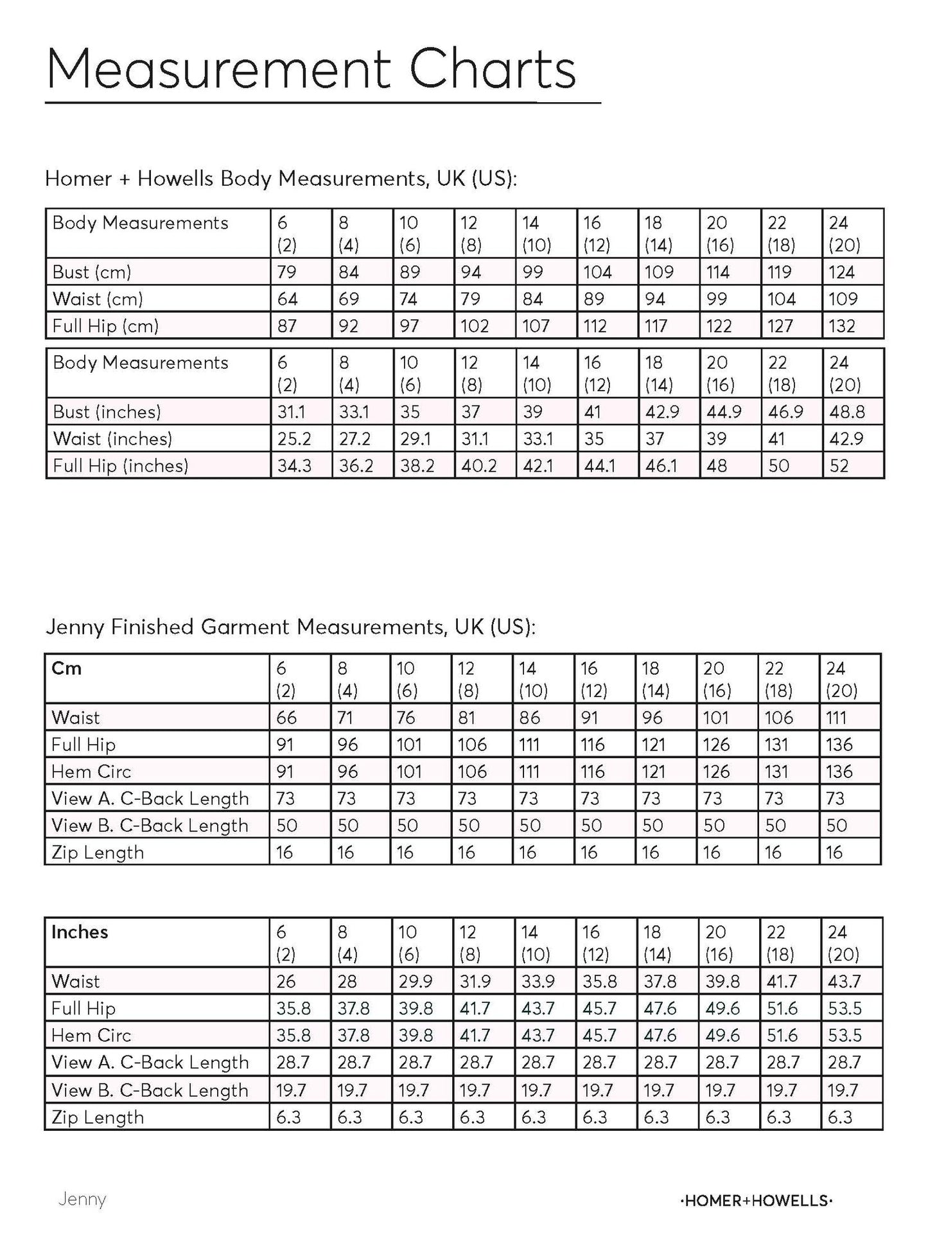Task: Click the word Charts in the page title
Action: pos(493,69)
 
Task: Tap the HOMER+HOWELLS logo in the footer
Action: pos(755,1200)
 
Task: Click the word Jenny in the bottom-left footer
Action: pos(82,1199)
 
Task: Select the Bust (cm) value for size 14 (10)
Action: pos(532,272)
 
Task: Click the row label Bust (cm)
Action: pos(91,272)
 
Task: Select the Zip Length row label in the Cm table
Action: pos(98,853)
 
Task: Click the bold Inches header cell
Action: pos(80,932)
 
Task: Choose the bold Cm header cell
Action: pos(66,668)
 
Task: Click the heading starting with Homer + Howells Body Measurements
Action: pos(281,179)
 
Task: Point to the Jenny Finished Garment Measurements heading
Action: pos(290,626)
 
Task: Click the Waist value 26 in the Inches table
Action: pos(286,982)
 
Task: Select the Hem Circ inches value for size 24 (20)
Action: pos(845,1036)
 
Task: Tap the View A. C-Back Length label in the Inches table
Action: pos(150,1063)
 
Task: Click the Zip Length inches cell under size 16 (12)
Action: pos(595,1117)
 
